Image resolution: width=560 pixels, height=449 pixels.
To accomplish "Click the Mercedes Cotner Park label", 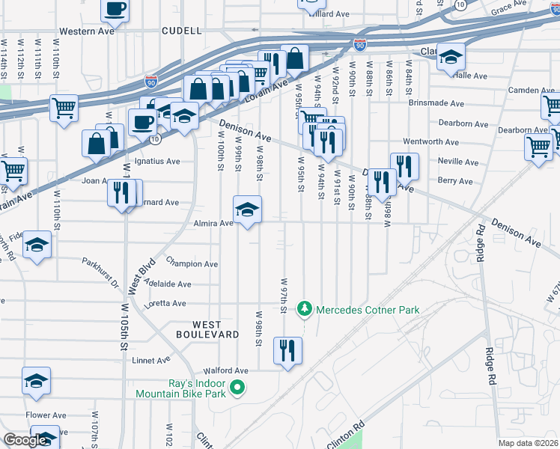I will (x=367, y=310).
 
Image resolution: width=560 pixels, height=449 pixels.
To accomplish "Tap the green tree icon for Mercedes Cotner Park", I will (x=304, y=308).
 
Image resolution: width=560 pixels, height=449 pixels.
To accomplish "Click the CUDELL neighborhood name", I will (x=181, y=31).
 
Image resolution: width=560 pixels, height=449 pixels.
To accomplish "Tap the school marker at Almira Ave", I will (x=248, y=211).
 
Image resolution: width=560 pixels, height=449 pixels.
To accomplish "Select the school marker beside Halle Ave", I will (x=451, y=57).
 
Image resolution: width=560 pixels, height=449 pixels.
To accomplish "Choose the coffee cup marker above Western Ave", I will (x=115, y=9).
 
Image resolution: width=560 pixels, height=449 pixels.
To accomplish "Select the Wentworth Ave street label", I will (x=430, y=141).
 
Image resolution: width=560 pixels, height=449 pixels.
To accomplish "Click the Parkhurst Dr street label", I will (x=100, y=272).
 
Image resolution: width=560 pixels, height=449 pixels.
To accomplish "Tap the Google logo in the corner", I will (x=25, y=440).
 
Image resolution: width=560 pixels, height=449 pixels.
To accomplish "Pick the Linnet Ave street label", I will (x=152, y=360).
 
